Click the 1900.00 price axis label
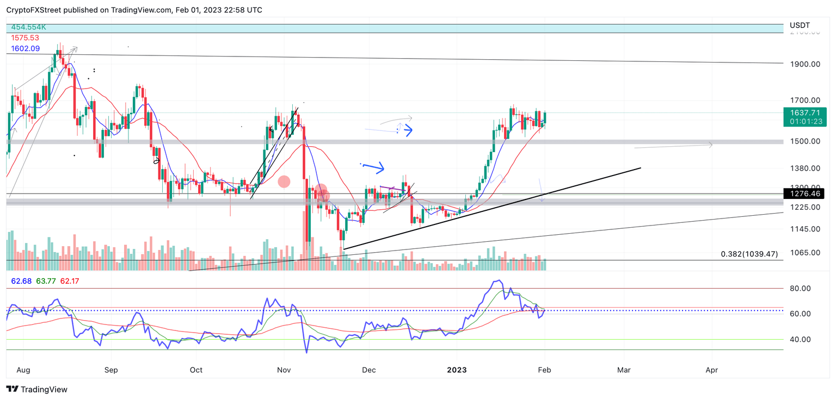click(804, 64)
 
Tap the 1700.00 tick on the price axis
click(804, 101)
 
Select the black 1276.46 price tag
click(803, 193)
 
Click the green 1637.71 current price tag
click(803, 112)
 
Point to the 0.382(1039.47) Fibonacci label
click(749, 254)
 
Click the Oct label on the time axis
click(196, 370)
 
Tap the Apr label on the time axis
click(711, 370)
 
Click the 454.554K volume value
click(28, 27)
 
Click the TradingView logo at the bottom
click(37, 389)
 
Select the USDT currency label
click(800, 25)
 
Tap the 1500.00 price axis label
click(804, 141)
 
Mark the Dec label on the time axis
click(368, 370)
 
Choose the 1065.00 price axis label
click(804, 253)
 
